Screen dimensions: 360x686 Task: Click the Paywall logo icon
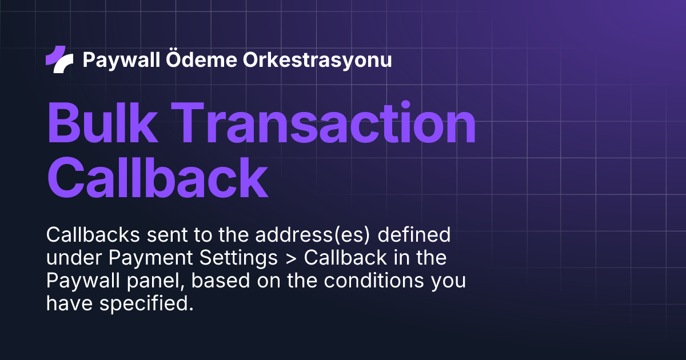point(59,59)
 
